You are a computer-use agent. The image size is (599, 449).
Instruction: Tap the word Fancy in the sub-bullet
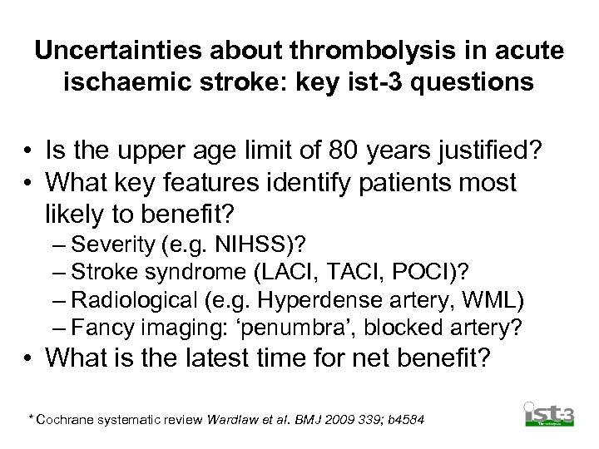100,328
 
